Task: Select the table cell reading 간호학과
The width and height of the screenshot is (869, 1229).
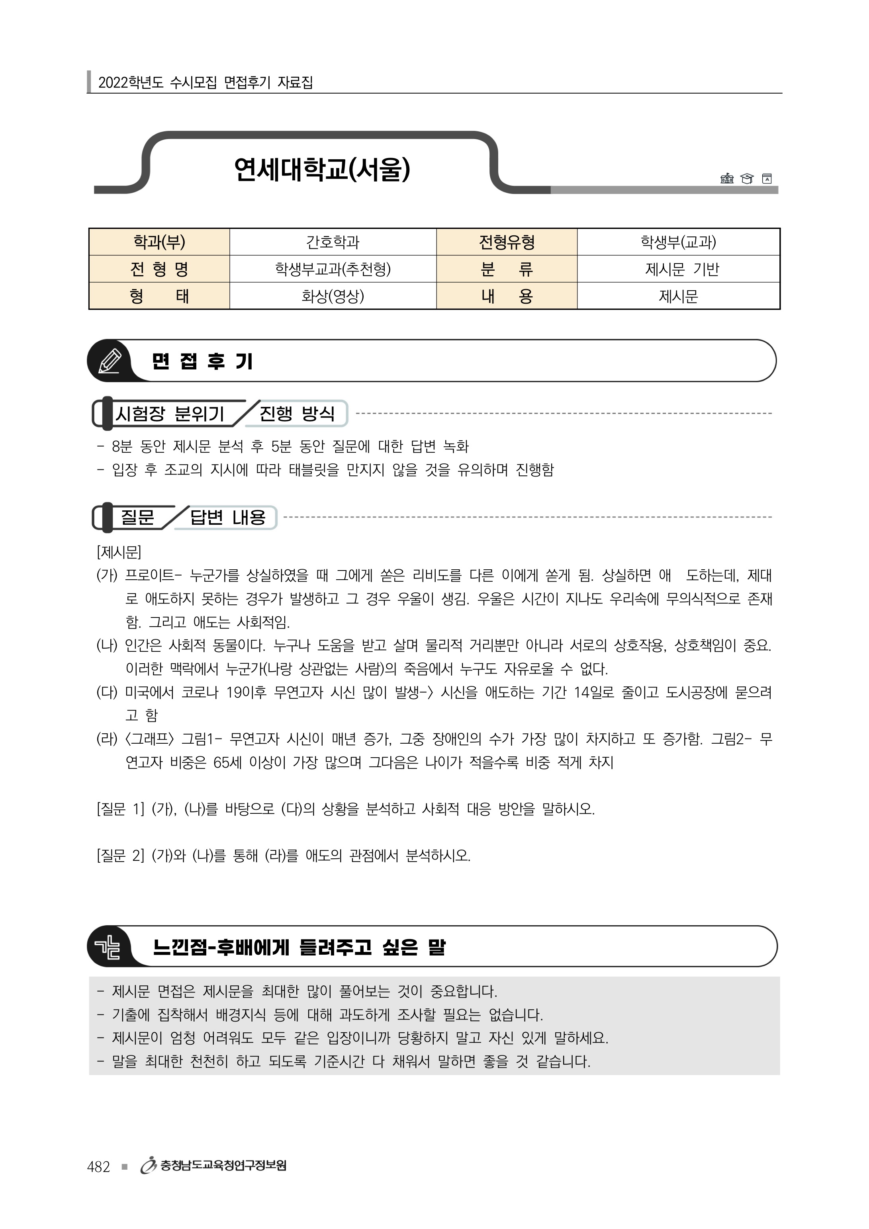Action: point(333,242)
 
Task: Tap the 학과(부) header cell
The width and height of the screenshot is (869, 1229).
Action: point(159,242)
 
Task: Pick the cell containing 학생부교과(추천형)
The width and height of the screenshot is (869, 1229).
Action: point(333,269)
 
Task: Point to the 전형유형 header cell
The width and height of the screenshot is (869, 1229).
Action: point(507,242)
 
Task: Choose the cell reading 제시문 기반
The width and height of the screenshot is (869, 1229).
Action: point(678,269)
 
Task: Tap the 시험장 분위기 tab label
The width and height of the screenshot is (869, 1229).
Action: point(170,414)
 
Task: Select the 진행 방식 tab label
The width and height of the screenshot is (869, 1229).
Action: point(297,413)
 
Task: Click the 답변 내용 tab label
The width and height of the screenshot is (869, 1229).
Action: point(227,518)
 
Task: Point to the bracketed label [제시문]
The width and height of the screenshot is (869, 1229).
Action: point(118,552)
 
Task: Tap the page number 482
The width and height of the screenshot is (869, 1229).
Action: point(98,1167)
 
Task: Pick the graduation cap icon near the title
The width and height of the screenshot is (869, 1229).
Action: point(746,179)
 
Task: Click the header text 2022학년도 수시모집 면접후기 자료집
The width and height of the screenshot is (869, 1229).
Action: point(206,82)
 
